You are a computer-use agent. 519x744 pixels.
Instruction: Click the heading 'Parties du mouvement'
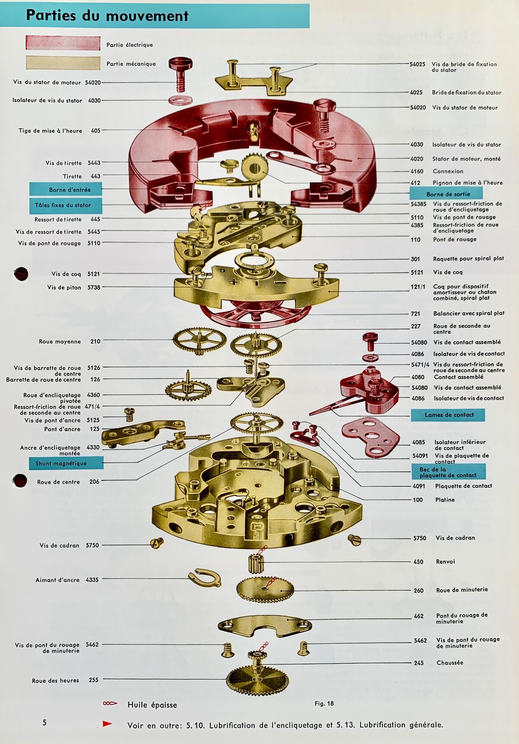click(107, 16)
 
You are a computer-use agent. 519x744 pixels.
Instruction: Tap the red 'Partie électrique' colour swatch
click(63, 43)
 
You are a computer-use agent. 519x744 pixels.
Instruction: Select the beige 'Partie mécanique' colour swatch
click(63, 63)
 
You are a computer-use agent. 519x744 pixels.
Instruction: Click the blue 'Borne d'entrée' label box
click(66, 189)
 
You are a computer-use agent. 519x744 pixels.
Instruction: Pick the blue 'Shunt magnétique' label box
click(66, 463)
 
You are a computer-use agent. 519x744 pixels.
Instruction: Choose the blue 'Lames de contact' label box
click(448, 415)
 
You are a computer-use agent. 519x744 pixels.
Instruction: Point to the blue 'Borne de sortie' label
click(446, 194)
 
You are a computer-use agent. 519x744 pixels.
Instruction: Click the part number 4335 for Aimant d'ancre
click(92, 580)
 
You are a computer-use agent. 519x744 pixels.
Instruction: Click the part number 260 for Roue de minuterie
click(418, 590)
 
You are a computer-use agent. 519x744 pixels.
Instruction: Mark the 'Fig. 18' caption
click(324, 703)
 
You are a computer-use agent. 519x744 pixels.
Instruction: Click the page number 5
click(44, 722)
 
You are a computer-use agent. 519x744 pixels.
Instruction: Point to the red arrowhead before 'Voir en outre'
click(107, 724)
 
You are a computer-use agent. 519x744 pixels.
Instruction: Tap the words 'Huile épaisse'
click(152, 705)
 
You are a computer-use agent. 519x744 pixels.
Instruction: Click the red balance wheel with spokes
click(255, 314)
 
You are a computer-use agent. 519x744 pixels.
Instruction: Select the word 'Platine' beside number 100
click(445, 499)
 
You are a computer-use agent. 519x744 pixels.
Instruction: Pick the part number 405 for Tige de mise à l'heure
click(96, 130)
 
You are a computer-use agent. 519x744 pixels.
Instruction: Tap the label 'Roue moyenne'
click(60, 341)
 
